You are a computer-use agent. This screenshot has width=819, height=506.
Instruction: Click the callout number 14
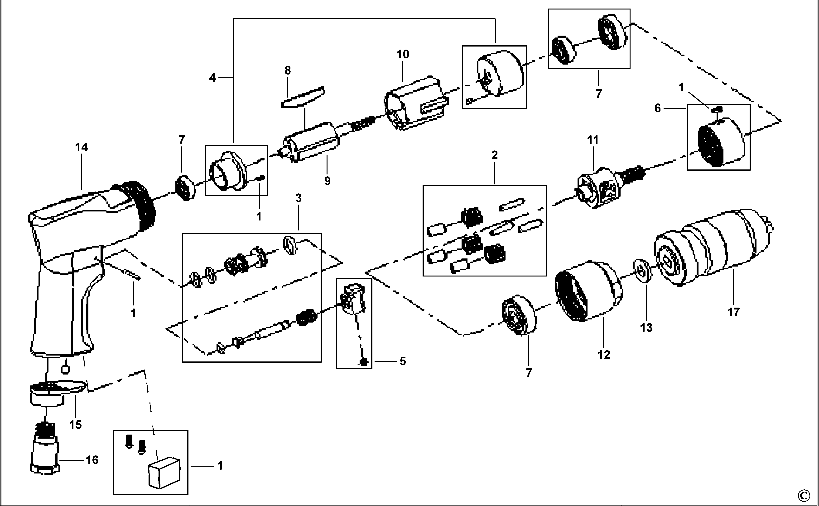point(82,147)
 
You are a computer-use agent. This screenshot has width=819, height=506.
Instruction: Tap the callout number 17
point(733,312)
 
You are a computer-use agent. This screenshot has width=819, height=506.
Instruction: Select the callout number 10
point(403,54)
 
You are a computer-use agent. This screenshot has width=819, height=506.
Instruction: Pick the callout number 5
point(402,361)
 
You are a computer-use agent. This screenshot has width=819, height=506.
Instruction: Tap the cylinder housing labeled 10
point(415,104)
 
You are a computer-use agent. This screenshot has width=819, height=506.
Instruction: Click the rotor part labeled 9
point(312,142)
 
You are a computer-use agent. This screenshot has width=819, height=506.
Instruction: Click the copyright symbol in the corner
point(810,495)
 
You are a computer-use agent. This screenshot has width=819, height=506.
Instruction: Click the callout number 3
point(298,198)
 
